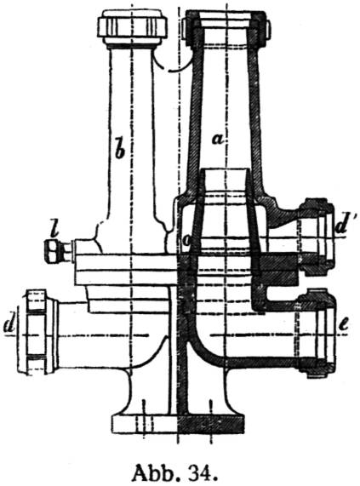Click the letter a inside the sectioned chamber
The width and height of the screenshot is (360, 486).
(x=218, y=140)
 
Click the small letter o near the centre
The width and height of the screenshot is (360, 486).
(x=186, y=242)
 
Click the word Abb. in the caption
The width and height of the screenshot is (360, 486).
(x=156, y=472)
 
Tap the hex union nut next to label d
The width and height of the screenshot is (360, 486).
(x=37, y=331)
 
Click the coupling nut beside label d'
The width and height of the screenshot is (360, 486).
(x=317, y=237)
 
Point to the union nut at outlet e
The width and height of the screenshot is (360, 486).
(x=317, y=333)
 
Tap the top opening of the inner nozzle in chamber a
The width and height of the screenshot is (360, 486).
(x=226, y=169)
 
